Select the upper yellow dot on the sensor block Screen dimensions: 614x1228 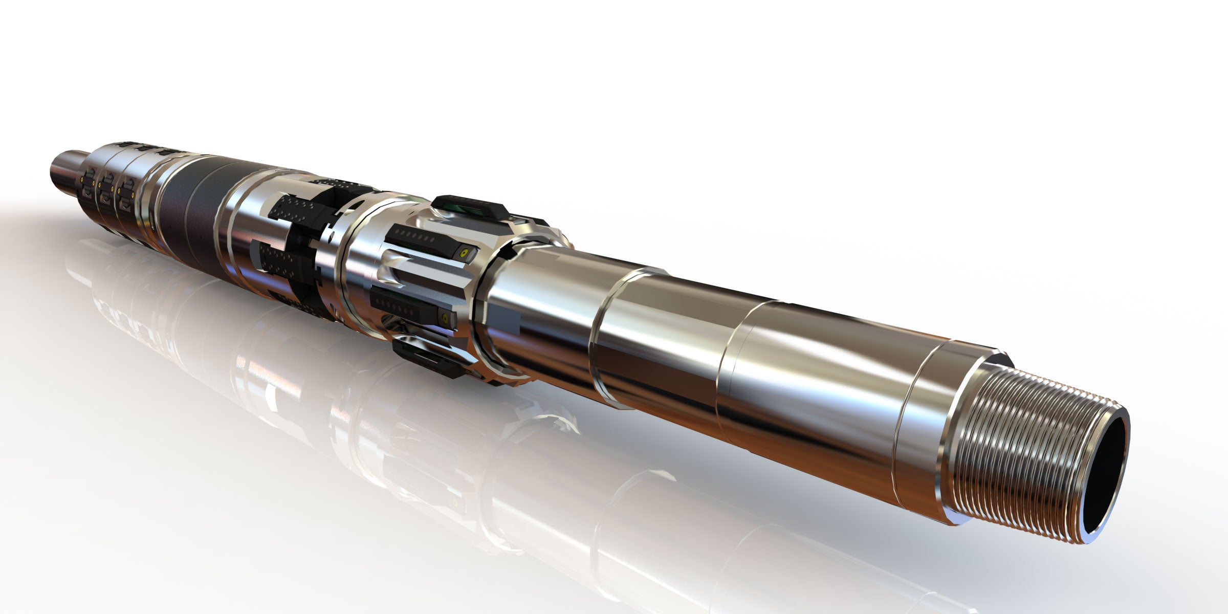(x=464, y=253)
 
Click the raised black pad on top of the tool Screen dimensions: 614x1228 (x=468, y=207)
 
